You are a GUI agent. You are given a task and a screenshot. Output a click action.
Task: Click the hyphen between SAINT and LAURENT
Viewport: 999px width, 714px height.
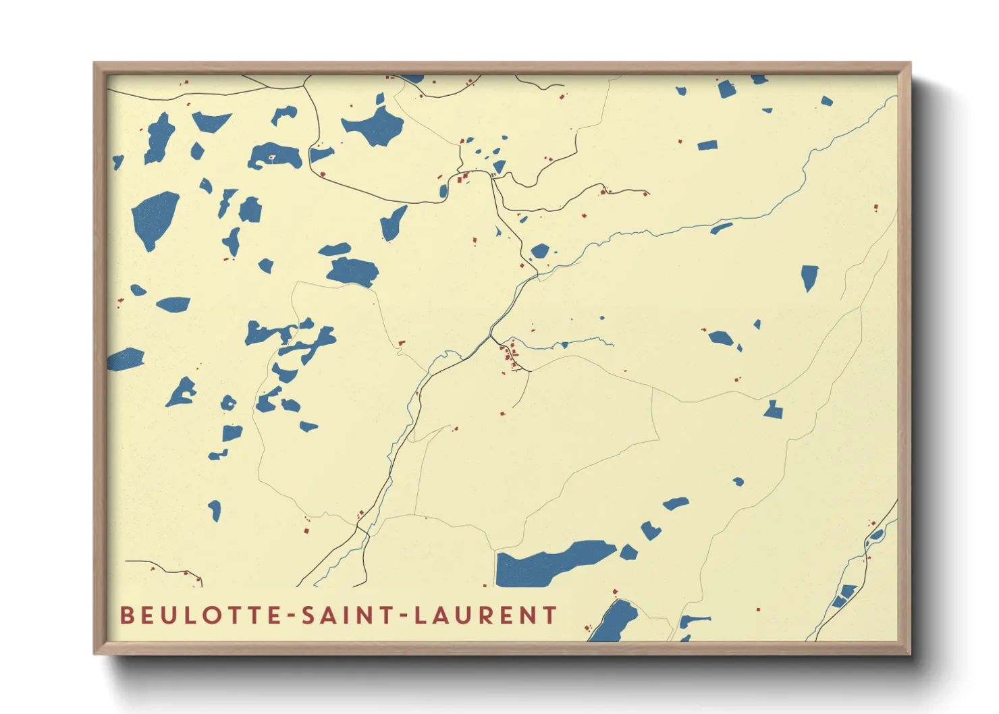click(x=404, y=616)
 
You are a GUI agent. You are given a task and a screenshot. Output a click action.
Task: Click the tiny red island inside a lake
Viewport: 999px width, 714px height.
click(x=272, y=158)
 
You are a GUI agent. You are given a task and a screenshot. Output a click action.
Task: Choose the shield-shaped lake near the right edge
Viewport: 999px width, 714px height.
click(x=809, y=277)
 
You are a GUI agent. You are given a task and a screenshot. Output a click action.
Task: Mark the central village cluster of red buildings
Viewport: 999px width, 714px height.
click(x=511, y=356)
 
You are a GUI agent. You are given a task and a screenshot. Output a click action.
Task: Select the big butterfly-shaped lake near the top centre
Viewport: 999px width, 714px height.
click(x=374, y=125)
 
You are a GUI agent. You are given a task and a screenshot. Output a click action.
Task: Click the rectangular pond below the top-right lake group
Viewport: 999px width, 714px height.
click(x=707, y=145)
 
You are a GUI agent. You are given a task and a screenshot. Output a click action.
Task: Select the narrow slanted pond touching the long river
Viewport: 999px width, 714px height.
click(x=721, y=228)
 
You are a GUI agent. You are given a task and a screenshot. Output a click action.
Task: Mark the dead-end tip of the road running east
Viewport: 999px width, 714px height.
click(x=649, y=194)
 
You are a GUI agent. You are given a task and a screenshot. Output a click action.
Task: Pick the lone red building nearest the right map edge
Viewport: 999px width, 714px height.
click(x=876, y=208)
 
